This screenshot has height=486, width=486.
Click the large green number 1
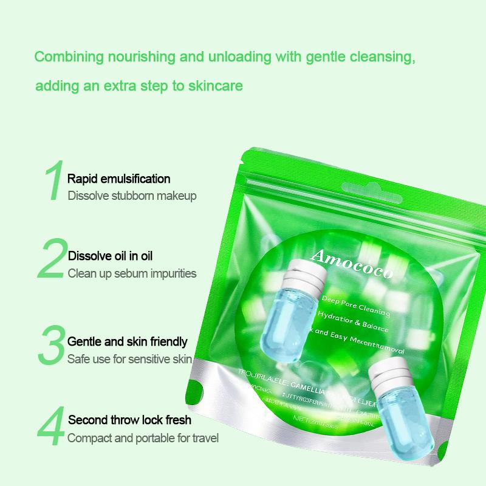54,180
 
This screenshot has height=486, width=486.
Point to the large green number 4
52,429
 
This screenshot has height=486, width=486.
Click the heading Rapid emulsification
119,179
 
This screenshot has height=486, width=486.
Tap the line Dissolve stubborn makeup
132,196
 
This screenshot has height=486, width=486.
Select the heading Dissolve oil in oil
114,256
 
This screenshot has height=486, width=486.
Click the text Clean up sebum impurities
132,273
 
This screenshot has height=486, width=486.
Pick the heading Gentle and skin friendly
127,341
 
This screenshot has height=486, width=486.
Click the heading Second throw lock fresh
129,420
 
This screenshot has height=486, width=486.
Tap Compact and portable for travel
143,437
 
